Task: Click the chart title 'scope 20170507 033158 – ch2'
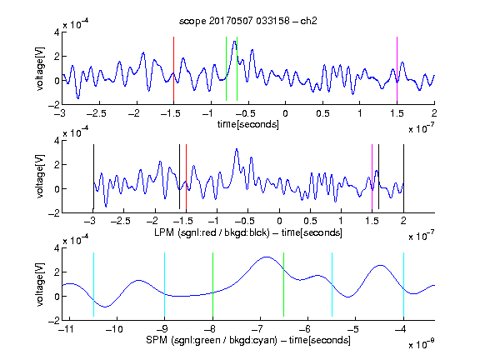(248, 21)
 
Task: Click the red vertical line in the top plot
(173, 69)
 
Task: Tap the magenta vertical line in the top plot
(397, 69)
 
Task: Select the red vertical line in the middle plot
(186, 177)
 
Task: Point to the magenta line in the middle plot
(372, 177)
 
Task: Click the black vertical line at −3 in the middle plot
(93, 177)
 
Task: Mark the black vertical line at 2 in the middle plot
(403, 177)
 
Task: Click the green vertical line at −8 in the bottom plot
(212, 285)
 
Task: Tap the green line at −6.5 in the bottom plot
(284, 285)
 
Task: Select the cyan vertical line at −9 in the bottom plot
(164, 285)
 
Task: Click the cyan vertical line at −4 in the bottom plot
(403, 285)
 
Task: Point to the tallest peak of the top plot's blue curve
(235, 42)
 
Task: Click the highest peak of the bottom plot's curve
(267, 257)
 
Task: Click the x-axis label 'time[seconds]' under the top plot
(248, 124)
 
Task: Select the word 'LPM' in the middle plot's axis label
(164, 232)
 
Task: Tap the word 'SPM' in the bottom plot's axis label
(157, 340)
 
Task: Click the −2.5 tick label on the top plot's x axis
(96, 113)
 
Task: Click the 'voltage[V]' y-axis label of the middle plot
(40, 177)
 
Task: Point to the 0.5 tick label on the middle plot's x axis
(310, 221)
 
